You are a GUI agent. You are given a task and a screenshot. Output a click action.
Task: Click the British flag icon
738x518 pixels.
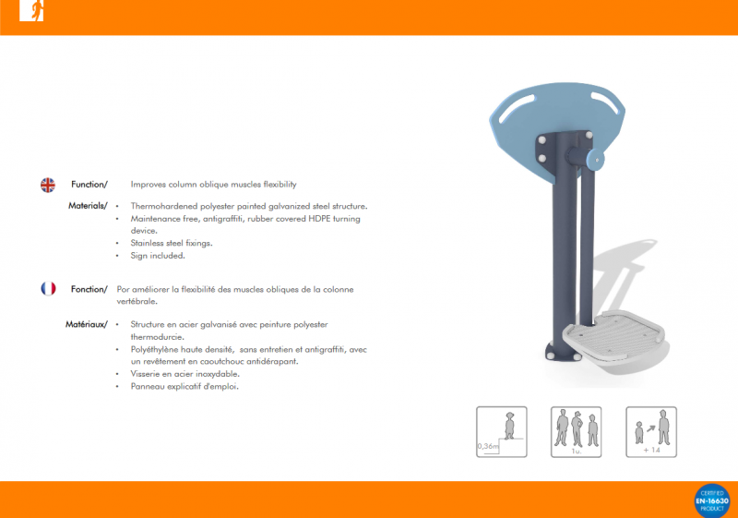[x=48, y=185]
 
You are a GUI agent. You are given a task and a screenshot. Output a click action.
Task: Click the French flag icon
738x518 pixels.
[x=48, y=288]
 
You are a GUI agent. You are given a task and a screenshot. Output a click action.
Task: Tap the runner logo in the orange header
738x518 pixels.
[x=31, y=10]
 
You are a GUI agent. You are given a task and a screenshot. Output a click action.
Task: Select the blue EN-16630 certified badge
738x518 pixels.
[x=712, y=501]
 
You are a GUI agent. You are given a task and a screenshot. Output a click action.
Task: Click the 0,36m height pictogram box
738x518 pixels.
[x=501, y=432]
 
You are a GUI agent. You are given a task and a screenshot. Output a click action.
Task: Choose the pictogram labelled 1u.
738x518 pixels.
[x=576, y=432]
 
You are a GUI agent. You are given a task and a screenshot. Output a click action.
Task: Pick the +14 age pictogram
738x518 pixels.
[x=651, y=432]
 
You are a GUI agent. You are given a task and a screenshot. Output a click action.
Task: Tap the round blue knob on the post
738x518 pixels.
[x=595, y=160]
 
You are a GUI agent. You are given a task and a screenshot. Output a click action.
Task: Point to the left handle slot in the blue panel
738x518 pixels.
[x=517, y=108]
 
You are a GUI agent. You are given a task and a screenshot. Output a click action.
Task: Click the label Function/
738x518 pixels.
[x=89, y=185]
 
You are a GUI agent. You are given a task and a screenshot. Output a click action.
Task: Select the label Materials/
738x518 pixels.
[x=88, y=206]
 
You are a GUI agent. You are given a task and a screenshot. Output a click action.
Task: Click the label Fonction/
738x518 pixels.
[x=89, y=289]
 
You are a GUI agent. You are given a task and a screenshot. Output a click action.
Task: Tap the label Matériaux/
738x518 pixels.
[x=86, y=324]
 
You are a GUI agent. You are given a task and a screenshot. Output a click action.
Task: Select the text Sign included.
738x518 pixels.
[x=158, y=256]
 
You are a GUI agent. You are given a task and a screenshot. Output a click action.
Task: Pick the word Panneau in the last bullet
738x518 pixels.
[x=147, y=387]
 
